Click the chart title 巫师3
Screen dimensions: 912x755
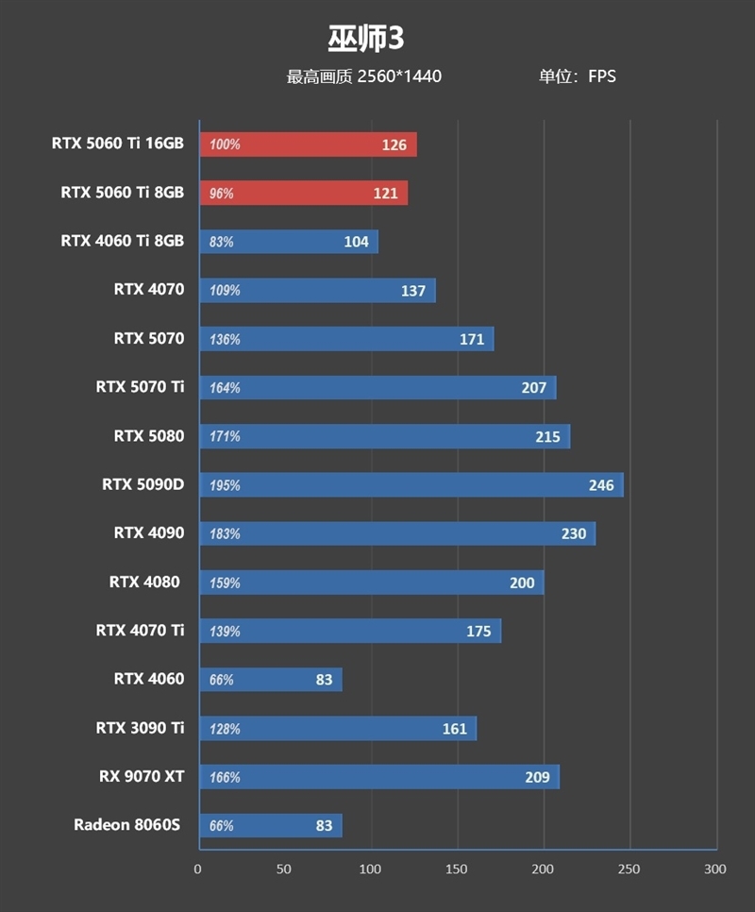(x=366, y=39)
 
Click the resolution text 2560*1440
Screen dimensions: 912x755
(x=399, y=76)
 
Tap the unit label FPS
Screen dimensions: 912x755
(x=602, y=76)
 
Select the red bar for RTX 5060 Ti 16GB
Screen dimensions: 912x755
(x=308, y=144)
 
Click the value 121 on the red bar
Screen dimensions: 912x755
(x=385, y=194)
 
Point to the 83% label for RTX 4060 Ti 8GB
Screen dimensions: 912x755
(x=222, y=242)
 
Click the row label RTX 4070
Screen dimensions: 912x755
(x=149, y=289)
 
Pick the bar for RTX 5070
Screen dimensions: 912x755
(x=346, y=339)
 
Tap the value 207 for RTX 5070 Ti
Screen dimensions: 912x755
(x=534, y=388)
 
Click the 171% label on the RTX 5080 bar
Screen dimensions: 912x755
(x=225, y=436)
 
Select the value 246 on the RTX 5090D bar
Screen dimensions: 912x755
(x=601, y=485)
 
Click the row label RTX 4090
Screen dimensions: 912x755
(x=149, y=532)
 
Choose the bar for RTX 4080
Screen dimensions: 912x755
(x=371, y=583)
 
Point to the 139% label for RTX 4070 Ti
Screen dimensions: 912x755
(x=225, y=631)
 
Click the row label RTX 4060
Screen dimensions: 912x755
(x=149, y=679)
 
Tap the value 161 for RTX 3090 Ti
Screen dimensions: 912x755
(x=455, y=729)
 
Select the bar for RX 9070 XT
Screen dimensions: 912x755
(x=378, y=777)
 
